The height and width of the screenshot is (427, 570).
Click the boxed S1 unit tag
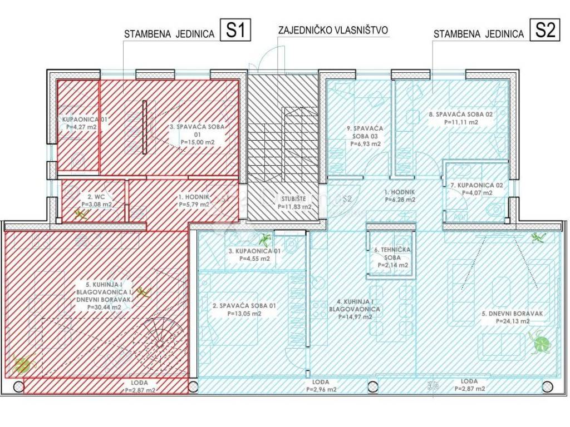point(237,31)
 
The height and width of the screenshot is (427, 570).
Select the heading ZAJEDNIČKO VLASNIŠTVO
point(333,31)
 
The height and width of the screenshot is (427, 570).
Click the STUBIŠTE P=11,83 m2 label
point(294,202)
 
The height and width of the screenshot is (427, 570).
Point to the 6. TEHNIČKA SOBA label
point(392,257)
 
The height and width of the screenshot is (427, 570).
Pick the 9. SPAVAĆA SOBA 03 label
point(365,136)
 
